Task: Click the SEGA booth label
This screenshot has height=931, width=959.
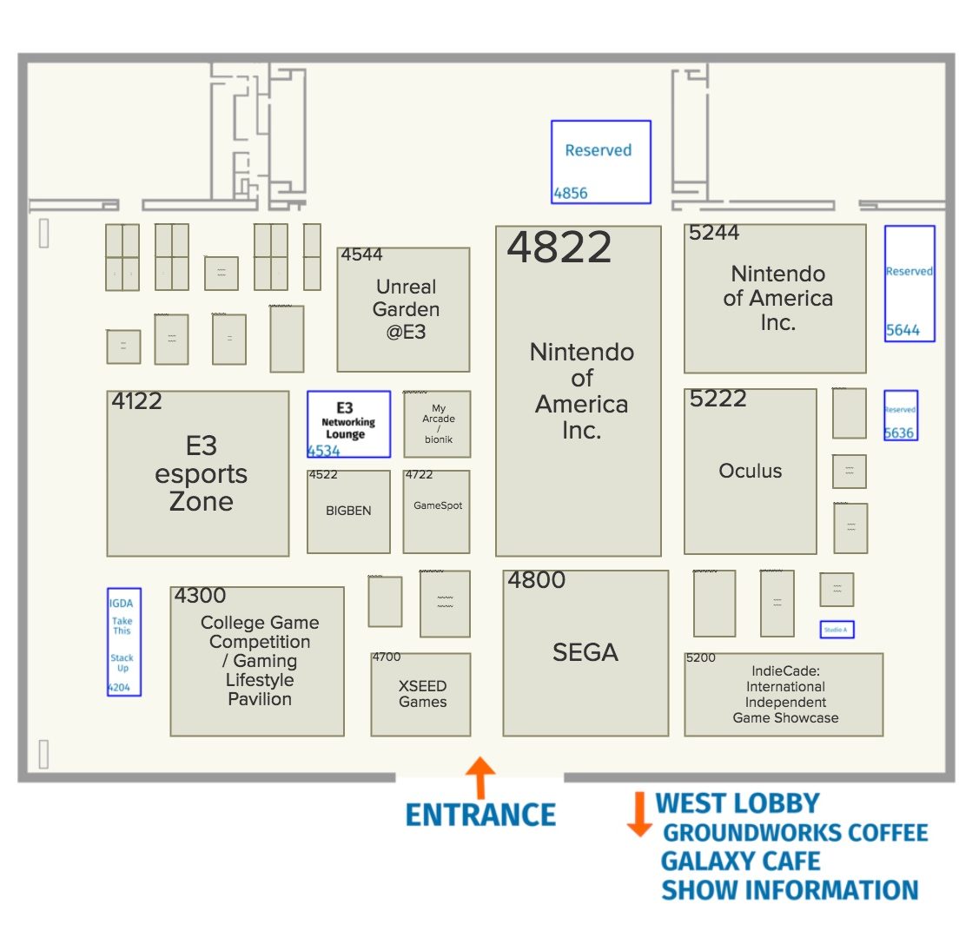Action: pos(585,652)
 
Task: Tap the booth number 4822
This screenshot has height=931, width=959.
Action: pos(559,248)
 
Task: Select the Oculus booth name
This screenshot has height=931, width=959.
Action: pos(751,471)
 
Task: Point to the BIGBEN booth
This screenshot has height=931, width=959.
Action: pos(348,512)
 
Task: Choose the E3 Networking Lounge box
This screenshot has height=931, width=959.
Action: pos(348,423)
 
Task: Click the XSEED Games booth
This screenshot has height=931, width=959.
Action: pos(422,694)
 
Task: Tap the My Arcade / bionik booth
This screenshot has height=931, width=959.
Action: pos(438,423)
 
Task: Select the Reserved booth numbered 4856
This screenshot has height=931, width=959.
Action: pos(600,162)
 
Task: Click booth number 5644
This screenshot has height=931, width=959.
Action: pos(903,330)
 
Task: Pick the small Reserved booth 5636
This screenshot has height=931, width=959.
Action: pos(900,415)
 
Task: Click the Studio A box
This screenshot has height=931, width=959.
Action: pos(837,629)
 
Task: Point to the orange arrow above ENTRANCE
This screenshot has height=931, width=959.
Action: pos(480,776)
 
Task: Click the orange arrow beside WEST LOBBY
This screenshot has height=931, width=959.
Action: pos(638,814)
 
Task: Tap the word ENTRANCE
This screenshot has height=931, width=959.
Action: pos(481,815)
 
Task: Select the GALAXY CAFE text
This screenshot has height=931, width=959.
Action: pos(740,862)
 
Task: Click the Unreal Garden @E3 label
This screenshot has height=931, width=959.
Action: pos(406,309)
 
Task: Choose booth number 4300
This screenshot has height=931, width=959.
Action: pos(200,596)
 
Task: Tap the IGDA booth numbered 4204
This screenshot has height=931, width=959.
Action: pos(123,642)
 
